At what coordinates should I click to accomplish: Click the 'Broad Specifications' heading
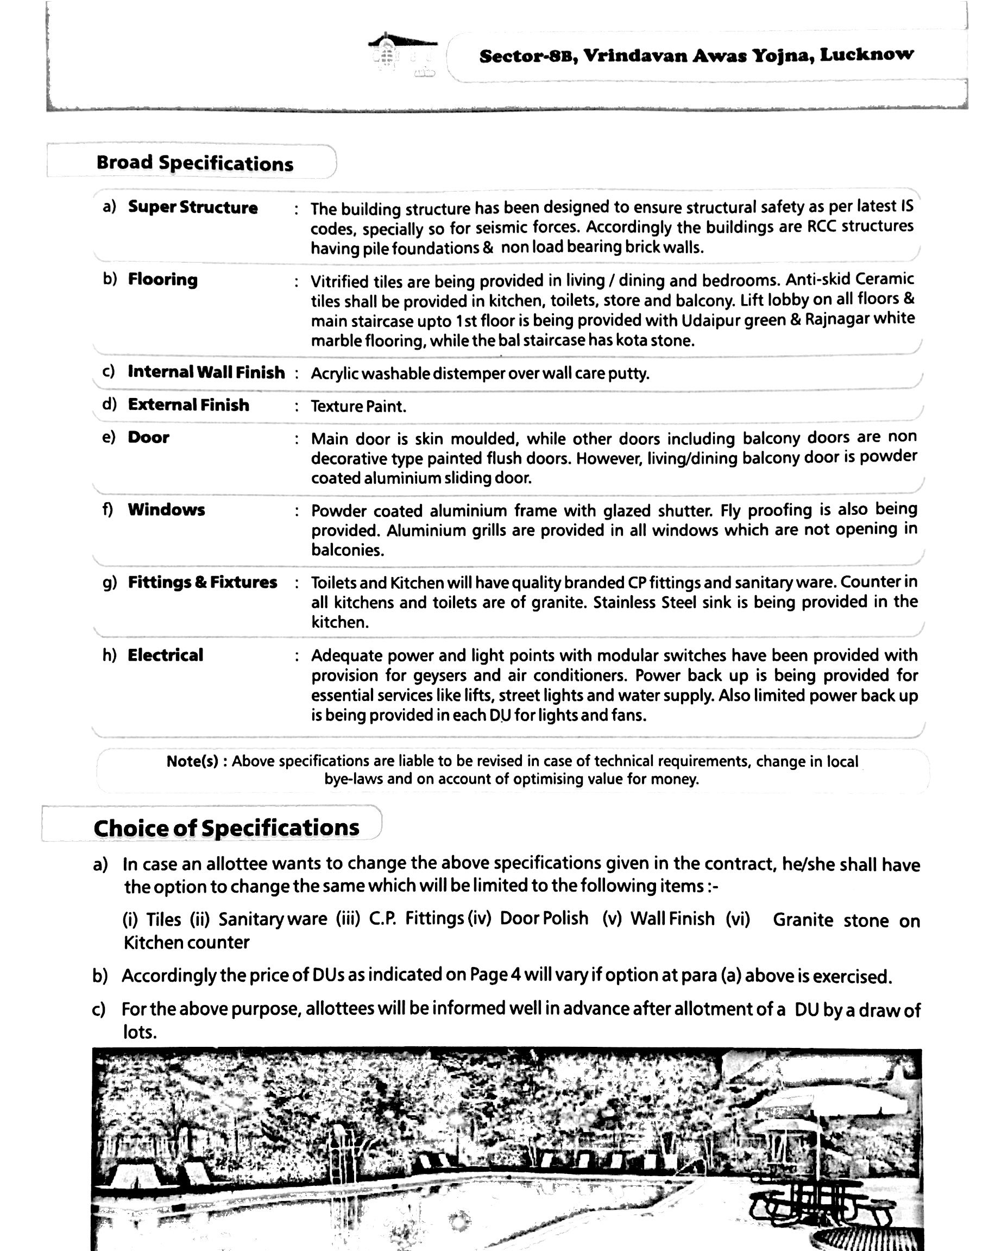pyautogui.click(x=194, y=163)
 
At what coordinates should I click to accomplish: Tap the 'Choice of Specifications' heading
pyautogui.click(x=226, y=827)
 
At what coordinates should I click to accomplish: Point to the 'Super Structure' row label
pyautogui.click(x=193, y=207)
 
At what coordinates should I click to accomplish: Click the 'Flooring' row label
pyautogui.click(x=162, y=279)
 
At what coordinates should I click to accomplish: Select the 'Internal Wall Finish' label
pyautogui.click(x=206, y=371)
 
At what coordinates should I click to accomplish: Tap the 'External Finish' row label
pyautogui.click(x=188, y=405)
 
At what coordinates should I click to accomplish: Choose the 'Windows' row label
pyautogui.click(x=166, y=510)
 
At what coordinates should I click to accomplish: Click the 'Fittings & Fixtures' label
pyautogui.click(x=202, y=582)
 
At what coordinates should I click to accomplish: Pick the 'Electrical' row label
pyautogui.click(x=166, y=655)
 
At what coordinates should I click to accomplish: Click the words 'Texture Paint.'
pyautogui.click(x=358, y=406)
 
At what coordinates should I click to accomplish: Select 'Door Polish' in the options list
pyautogui.click(x=544, y=918)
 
